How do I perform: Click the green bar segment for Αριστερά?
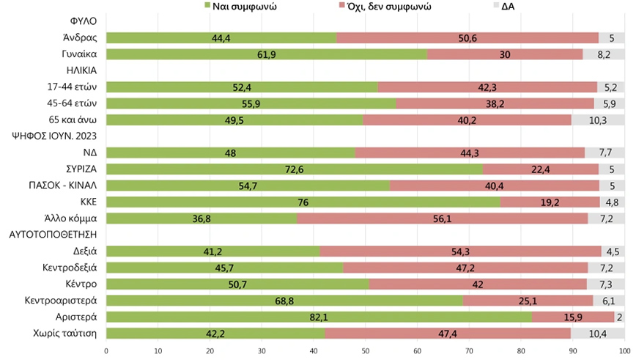[319, 317]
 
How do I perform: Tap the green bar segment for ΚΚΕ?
[303, 202]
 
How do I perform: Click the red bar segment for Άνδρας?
[467, 37]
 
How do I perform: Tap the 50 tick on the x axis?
[366, 351]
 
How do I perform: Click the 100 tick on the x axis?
[624, 351]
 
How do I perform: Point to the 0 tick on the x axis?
[107, 351]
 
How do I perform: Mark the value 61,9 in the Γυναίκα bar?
[267, 54]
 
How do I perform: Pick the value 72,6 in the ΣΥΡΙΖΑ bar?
[295, 169]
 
